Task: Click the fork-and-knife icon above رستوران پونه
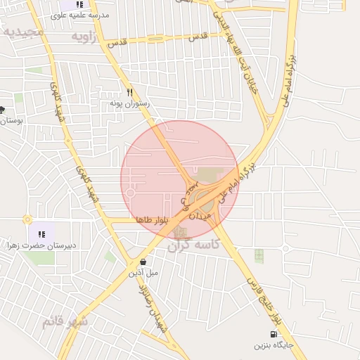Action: [x=129, y=91]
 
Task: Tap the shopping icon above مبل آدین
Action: [x=144, y=262]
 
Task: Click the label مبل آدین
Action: [x=143, y=272]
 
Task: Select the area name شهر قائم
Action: [x=65, y=321]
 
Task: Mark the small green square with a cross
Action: [x=259, y=255]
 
